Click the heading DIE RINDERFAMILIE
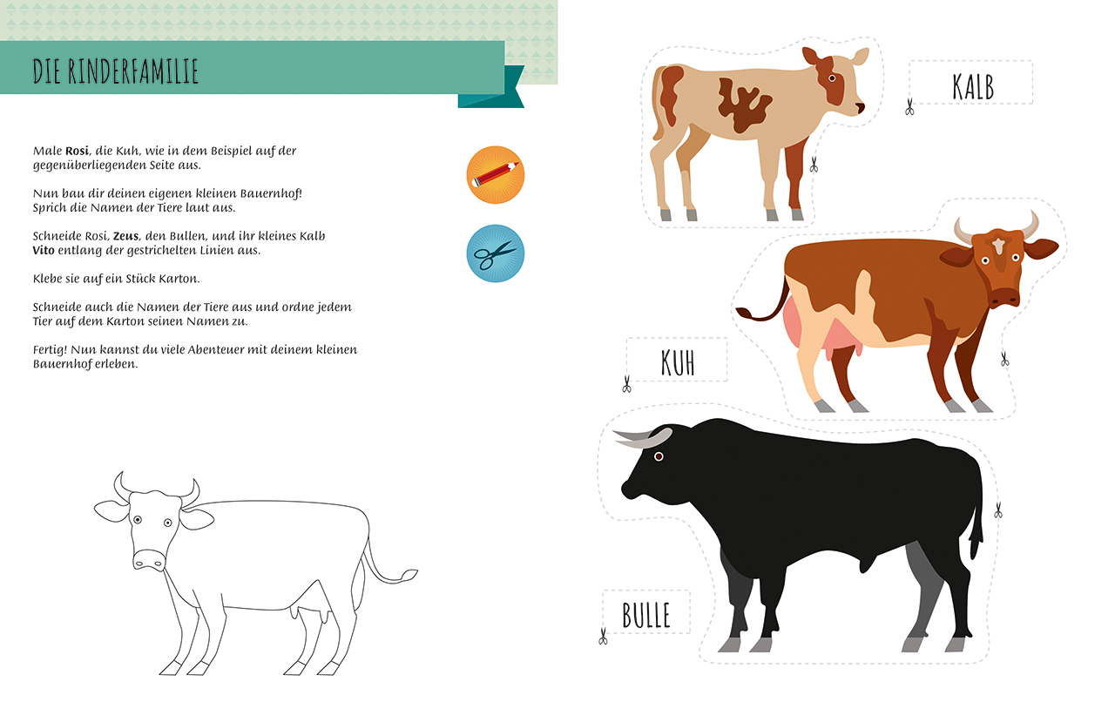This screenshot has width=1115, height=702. (x=116, y=71)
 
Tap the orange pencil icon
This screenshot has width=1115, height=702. (x=496, y=175)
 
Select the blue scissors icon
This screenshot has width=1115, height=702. (x=496, y=253)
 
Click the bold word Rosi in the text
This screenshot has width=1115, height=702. (x=77, y=151)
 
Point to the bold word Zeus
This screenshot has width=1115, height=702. (x=125, y=236)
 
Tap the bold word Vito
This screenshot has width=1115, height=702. (x=44, y=250)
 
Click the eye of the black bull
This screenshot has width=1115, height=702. (x=659, y=456)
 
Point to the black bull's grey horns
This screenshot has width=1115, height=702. (x=642, y=438)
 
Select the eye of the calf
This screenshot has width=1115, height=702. (x=832, y=78)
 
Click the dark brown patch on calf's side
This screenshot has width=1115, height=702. (x=745, y=105)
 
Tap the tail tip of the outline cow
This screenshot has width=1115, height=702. (x=410, y=575)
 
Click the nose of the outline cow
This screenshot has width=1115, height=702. (x=149, y=560)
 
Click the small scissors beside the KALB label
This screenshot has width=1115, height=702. (x=909, y=106)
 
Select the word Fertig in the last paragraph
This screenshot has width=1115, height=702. (x=51, y=350)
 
